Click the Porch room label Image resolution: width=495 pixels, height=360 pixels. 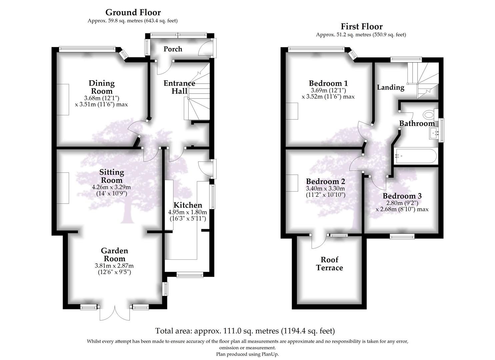[173, 49]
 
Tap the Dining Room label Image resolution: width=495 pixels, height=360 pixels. [101, 87]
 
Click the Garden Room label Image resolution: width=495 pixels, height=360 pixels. [114, 255]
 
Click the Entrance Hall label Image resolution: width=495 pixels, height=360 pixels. [179, 87]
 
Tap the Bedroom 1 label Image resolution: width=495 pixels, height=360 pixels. [328, 83]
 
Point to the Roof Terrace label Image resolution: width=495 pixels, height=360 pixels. [329, 264]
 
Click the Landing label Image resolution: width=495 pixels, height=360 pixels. [390, 87]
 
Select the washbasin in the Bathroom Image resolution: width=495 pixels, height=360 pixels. [434, 134]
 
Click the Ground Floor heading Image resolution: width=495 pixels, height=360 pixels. [133, 12]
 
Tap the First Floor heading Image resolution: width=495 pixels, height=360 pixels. [361, 26]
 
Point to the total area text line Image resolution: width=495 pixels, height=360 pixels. [245, 331]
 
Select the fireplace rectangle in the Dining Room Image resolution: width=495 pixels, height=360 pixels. [63, 99]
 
